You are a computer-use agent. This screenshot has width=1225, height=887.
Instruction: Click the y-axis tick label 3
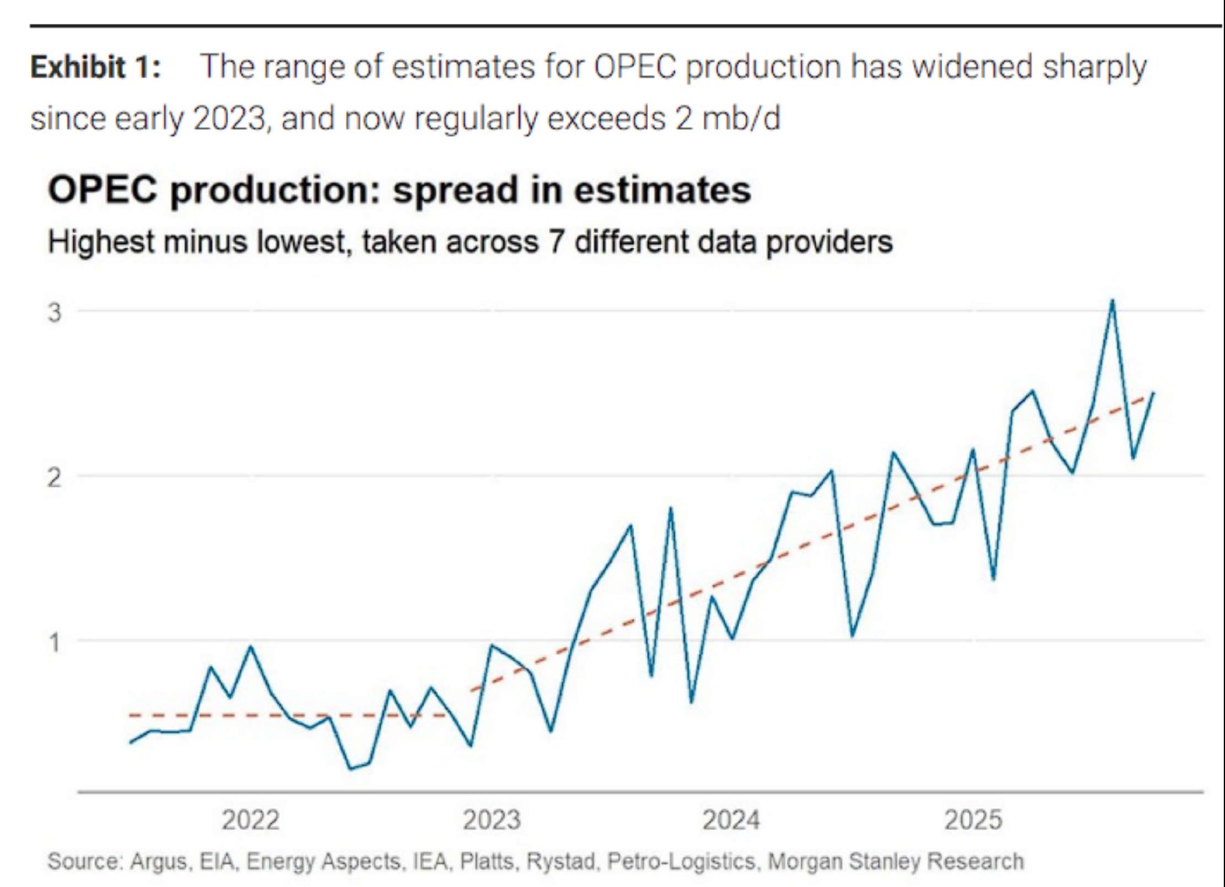[54, 312]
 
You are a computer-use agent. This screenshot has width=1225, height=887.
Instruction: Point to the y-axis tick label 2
[54, 477]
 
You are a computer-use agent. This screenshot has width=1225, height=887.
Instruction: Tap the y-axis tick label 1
[54, 642]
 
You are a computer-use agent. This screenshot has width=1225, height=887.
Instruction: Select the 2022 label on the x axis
[251, 819]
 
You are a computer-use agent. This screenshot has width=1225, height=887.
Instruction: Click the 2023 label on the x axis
[492, 819]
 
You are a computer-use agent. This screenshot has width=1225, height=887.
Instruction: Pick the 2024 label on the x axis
[731, 819]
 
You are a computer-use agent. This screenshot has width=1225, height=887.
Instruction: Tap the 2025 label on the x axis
[973, 819]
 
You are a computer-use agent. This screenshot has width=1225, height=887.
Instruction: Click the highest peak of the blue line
[1112, 300]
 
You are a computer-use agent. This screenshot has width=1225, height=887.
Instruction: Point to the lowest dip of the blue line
[351, 768]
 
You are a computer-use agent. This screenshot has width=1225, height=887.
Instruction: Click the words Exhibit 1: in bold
[96, 67]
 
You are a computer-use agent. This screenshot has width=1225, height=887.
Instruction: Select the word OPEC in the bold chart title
[102, 190]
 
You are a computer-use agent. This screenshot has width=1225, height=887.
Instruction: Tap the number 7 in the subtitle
[556, 242]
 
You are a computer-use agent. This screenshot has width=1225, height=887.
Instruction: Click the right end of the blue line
[1153, 393]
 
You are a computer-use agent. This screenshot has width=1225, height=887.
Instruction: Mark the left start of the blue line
[131, 742]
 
